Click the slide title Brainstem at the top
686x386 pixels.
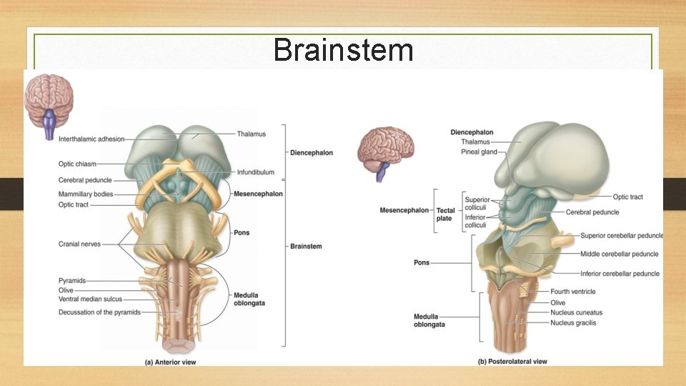(343, 50)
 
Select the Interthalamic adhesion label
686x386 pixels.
(91, 139)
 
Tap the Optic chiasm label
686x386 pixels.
(77, 164)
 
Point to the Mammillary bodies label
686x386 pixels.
(86, 194)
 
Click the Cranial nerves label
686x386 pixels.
(79, 244)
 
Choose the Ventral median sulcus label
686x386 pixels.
(90, 299)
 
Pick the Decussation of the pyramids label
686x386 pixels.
(99, 312)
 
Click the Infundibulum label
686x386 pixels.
(255, 172)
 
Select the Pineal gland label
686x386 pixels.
(479, 152)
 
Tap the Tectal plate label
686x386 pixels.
(445, 214)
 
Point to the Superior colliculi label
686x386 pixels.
(477, 204)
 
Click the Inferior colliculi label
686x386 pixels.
(475, 222)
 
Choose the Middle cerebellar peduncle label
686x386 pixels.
(620, 254)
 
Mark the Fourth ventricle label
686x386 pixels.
(572, 292)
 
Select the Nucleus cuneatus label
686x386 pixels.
(576, 312)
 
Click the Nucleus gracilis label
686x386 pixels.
(573, 323)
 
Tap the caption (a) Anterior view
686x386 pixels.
(170, 362)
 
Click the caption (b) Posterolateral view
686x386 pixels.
(512, 362)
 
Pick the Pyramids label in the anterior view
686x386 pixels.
(72, 281)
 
